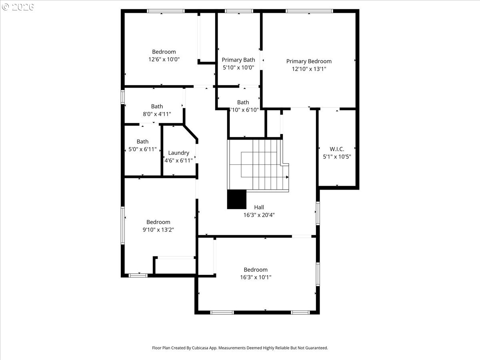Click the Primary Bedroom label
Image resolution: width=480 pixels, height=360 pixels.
tap(309, 61)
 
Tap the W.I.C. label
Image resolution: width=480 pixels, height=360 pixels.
tap(337, 149)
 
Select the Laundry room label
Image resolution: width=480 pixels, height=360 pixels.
tap(178, 153)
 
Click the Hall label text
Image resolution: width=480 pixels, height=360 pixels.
tap(259, 207)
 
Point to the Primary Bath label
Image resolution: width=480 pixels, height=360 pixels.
tap(238, 60)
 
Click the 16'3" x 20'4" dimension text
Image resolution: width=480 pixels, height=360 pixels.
tap(259, 215)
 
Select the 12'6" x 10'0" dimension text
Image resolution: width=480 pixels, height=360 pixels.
tap(164, 59)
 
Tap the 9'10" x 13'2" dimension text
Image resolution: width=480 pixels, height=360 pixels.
tap(158, 230)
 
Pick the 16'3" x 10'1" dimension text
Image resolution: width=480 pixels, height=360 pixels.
tap(256, 277)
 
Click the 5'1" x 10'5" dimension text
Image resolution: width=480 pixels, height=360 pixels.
tap(337, 157)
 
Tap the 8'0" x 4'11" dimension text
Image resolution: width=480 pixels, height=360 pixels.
tap(157, 114)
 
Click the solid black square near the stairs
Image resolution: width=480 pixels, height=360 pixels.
tap(237, 199)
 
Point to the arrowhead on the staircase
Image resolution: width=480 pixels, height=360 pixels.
tap(287, 177)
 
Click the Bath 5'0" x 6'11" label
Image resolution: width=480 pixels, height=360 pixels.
tap(142, 142)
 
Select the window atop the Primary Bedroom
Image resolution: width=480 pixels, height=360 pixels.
tap(309, 11)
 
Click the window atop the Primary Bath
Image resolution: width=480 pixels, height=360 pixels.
tap(239, 11)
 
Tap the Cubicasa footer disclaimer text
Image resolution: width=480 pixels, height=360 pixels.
tap(240, 348)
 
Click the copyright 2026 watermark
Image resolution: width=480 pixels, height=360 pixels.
tap(18, 7)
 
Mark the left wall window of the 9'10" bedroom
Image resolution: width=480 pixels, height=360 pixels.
tap(123, 225)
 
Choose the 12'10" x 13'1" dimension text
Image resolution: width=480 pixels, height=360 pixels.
tap(309, 69)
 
